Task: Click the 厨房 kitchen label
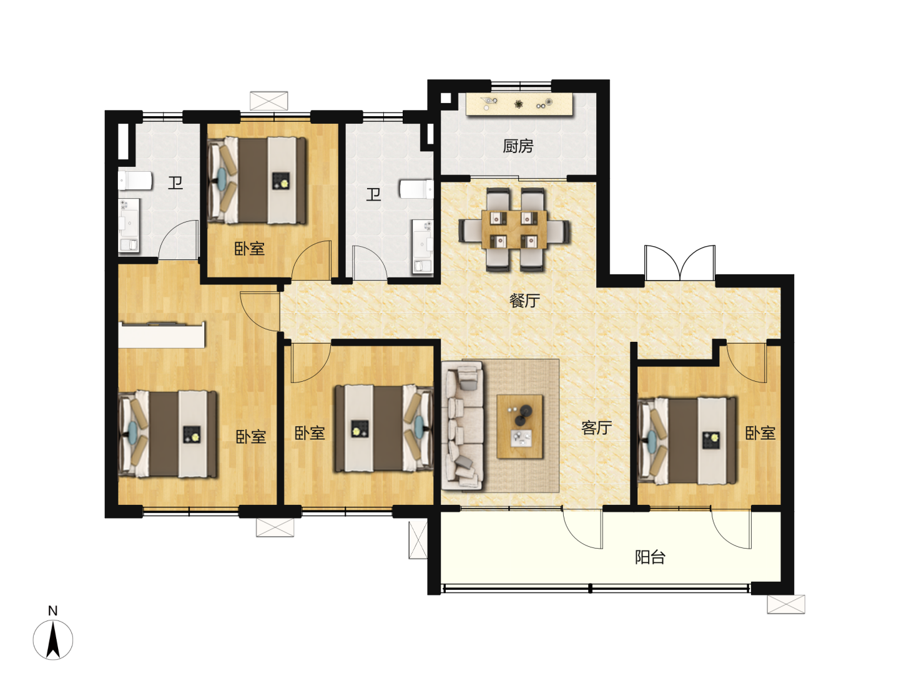pos(518,146)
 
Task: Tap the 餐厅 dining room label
pos(524,301)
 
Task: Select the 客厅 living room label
pos(596,427)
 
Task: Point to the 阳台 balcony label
pos(650,557)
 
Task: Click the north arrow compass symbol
pos(53,640)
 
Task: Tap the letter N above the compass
pos(52,611)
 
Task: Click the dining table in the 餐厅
pos(514,229)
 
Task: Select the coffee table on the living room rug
pos(520,426)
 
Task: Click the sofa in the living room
pos(463,426)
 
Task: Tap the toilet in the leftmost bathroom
pos(135,181)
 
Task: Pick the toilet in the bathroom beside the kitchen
pos(416,189)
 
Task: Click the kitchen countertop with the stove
pos(519,104)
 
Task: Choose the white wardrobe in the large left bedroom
pos(161,335)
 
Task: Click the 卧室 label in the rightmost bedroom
pos(760,433)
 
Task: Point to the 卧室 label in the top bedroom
pos(250,249)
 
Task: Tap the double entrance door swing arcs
pos(680,262)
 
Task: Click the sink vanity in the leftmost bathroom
pos(129,226)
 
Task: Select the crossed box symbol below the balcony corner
pos(785,604)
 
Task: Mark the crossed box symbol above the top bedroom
pos(268,101)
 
